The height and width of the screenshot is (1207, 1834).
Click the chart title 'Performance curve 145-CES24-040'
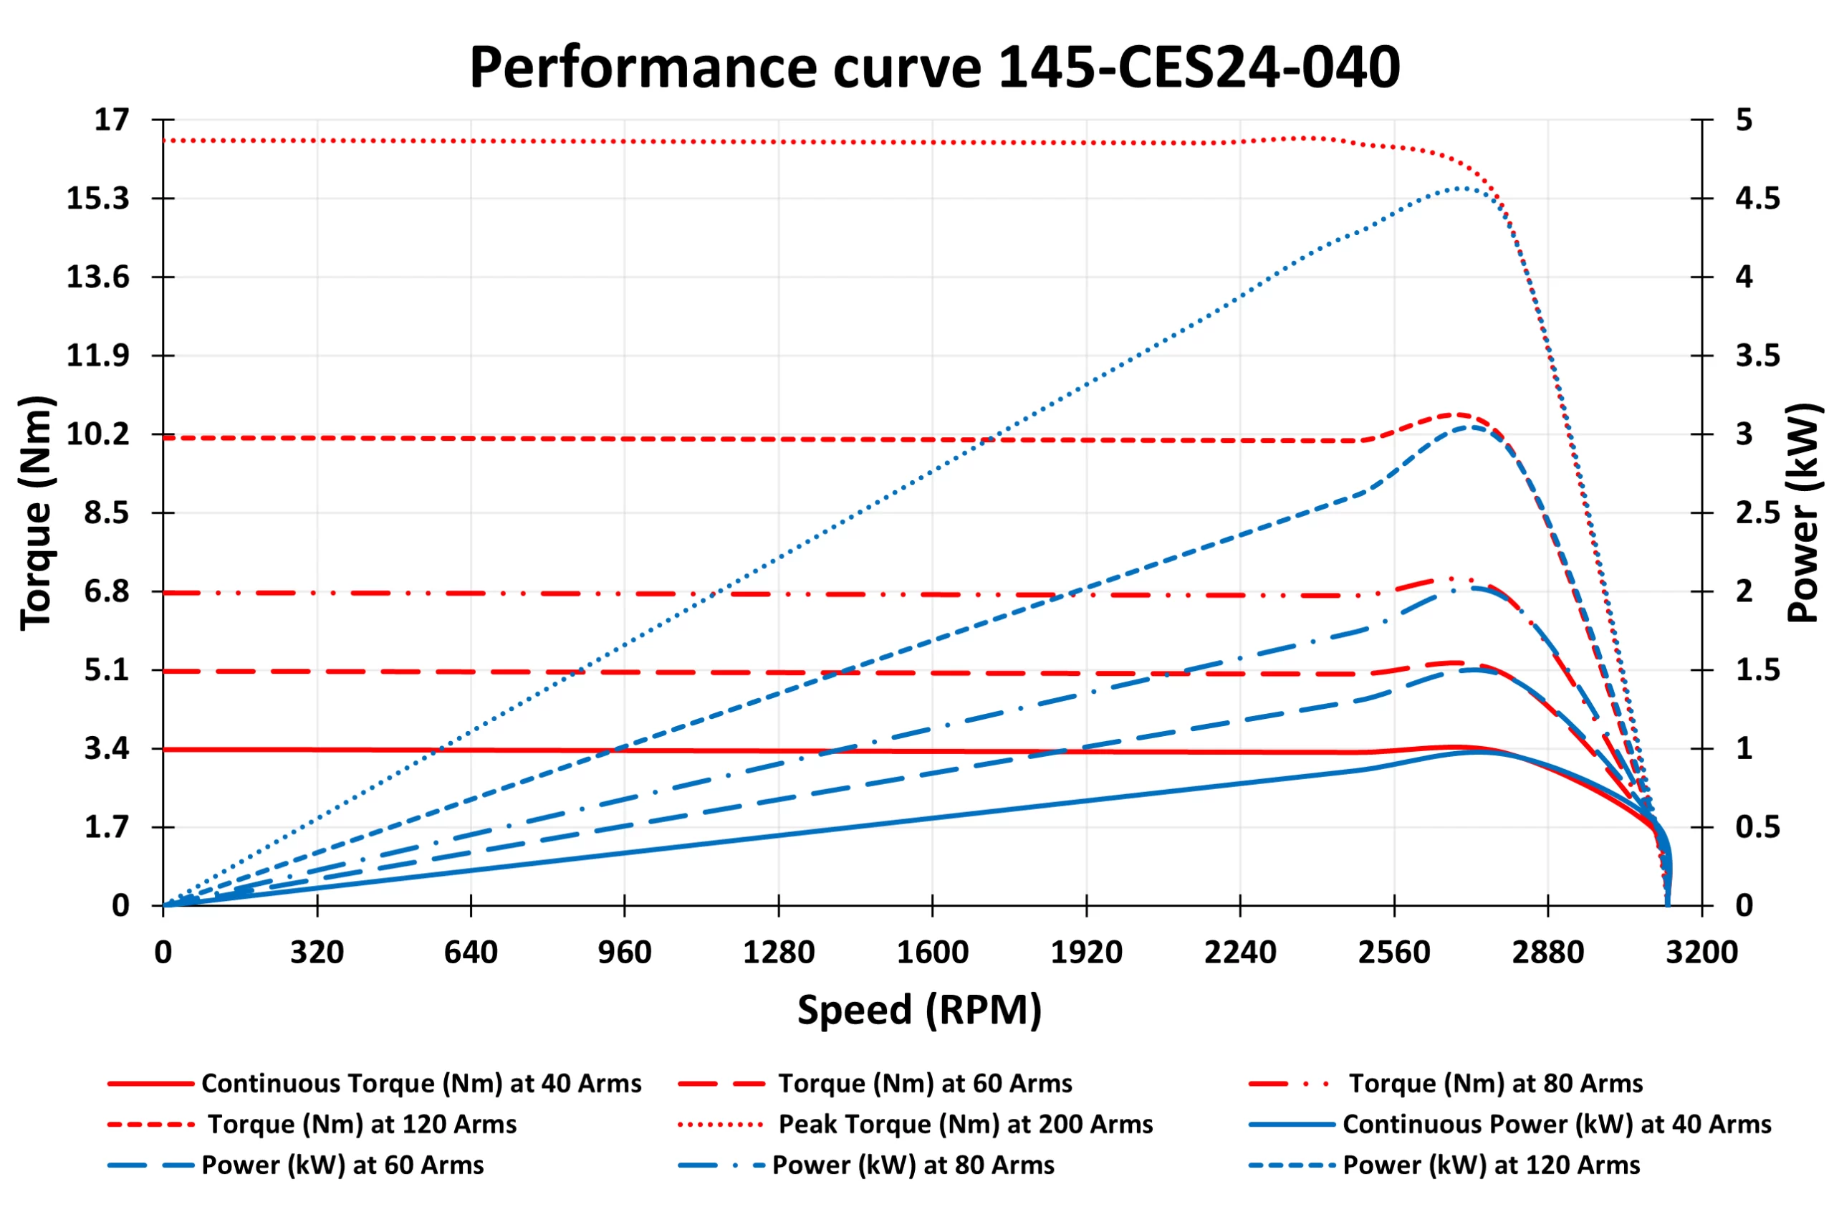[x=934, y=68]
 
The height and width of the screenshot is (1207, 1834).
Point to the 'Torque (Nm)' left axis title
[x=37, y=512]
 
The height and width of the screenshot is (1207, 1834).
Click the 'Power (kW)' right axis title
[x=1802, y=512]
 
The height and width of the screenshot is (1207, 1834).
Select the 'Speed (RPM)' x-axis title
[x=919, y=1010]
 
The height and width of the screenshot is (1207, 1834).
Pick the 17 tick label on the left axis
[x=112, y=120]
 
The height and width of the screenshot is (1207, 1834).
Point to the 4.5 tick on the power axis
[x=1758, y=199]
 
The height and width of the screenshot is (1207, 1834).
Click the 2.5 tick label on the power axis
[x=1758, y=512]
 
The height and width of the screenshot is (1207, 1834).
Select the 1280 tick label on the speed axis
[x=778, y=953]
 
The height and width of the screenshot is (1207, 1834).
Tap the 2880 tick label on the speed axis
[x=1547, y=953]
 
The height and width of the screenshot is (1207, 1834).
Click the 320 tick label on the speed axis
[x=317, y=953]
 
